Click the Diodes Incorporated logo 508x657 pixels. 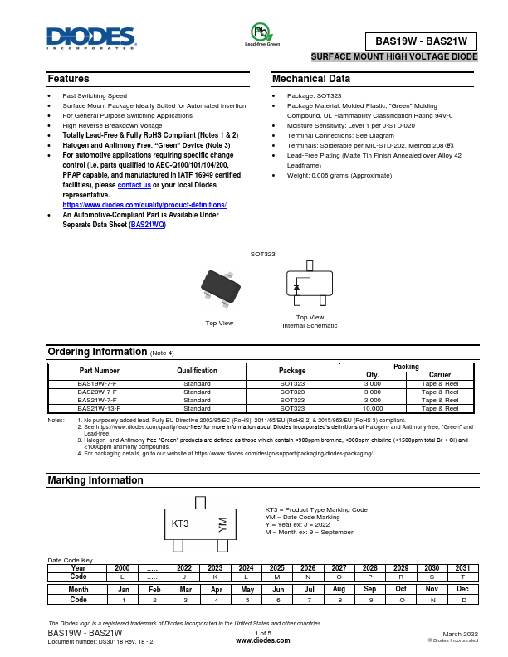[91, 37]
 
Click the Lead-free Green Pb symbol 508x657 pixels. [261, 32]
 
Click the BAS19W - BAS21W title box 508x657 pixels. [422, 40]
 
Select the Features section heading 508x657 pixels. [68, 79]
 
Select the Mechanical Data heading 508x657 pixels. [311, 79]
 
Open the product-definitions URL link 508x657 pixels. [144, 204]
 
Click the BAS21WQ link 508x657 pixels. [147, 224]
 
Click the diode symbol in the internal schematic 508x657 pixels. [296, 288]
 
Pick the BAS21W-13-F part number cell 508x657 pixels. [99, 408]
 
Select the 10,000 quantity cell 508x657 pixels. [373, 408]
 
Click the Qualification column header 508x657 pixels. [197, 371]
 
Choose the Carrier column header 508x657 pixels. [439, 375]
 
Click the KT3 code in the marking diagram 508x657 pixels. [180, 523]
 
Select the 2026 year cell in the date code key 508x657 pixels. [307, 567]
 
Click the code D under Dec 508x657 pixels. [463, 599]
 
